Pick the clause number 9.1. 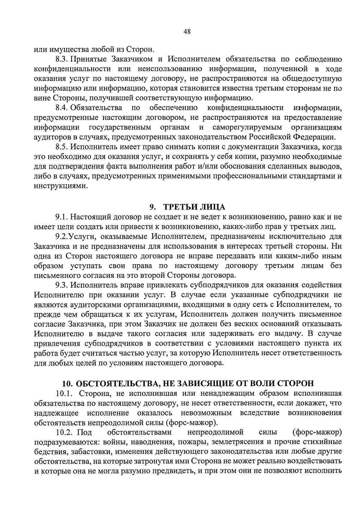62,217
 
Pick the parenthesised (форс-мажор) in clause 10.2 317,432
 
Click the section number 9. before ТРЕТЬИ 153,207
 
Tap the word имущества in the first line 73,49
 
